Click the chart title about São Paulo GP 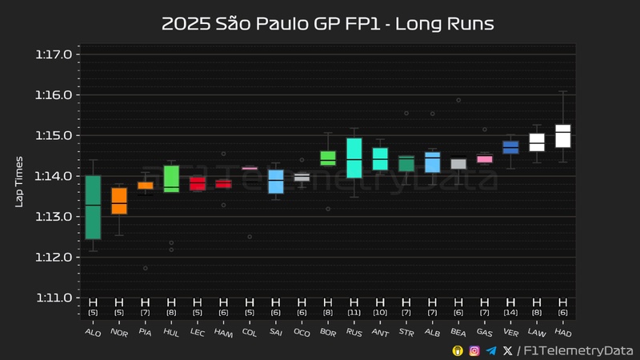pos(327,24)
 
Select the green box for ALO pos(93,207)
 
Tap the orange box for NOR pos(119,201)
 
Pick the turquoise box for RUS pos(354,158)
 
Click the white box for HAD pos(563,136)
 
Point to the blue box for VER pos(510,147)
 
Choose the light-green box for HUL pos(171,179)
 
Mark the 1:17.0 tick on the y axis pos(54,54)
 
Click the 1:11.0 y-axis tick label pos(54,298)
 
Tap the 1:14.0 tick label pos(54,176)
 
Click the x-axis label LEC pos(196,330)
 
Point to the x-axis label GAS pos(483,330)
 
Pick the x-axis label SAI pos(274,330)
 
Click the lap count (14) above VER pos(510,312)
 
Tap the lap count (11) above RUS pos(354,312)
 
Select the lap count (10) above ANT pos(380,312)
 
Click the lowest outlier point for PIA pos(146,268)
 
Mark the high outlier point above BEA pos(458,100)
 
